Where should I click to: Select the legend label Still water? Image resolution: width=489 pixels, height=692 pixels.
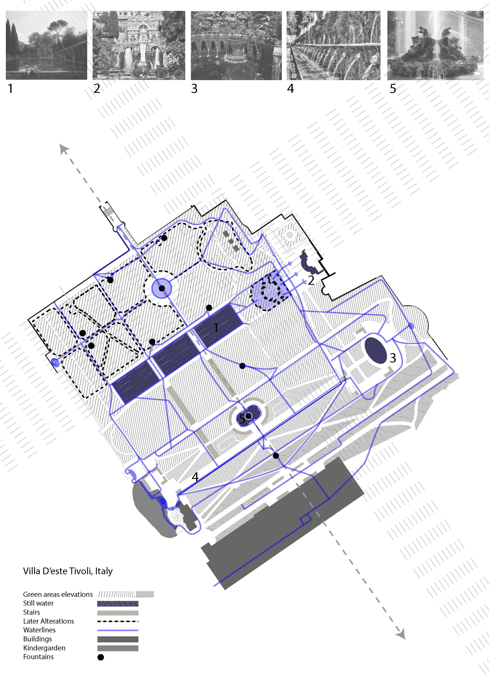[38, 603]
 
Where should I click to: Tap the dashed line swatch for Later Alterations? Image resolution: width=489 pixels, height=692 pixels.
[117, 621]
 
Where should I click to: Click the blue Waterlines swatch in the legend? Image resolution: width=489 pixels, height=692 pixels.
[117, 630]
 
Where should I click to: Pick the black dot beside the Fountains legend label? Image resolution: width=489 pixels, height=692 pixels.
[101, 657]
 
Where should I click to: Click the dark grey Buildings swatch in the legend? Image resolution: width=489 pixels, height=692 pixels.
[117, 639]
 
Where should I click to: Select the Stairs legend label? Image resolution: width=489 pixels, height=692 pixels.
[31, 612]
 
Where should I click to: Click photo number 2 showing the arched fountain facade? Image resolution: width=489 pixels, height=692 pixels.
[139, 45]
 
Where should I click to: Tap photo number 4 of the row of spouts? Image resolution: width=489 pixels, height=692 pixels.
[333, 45]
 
